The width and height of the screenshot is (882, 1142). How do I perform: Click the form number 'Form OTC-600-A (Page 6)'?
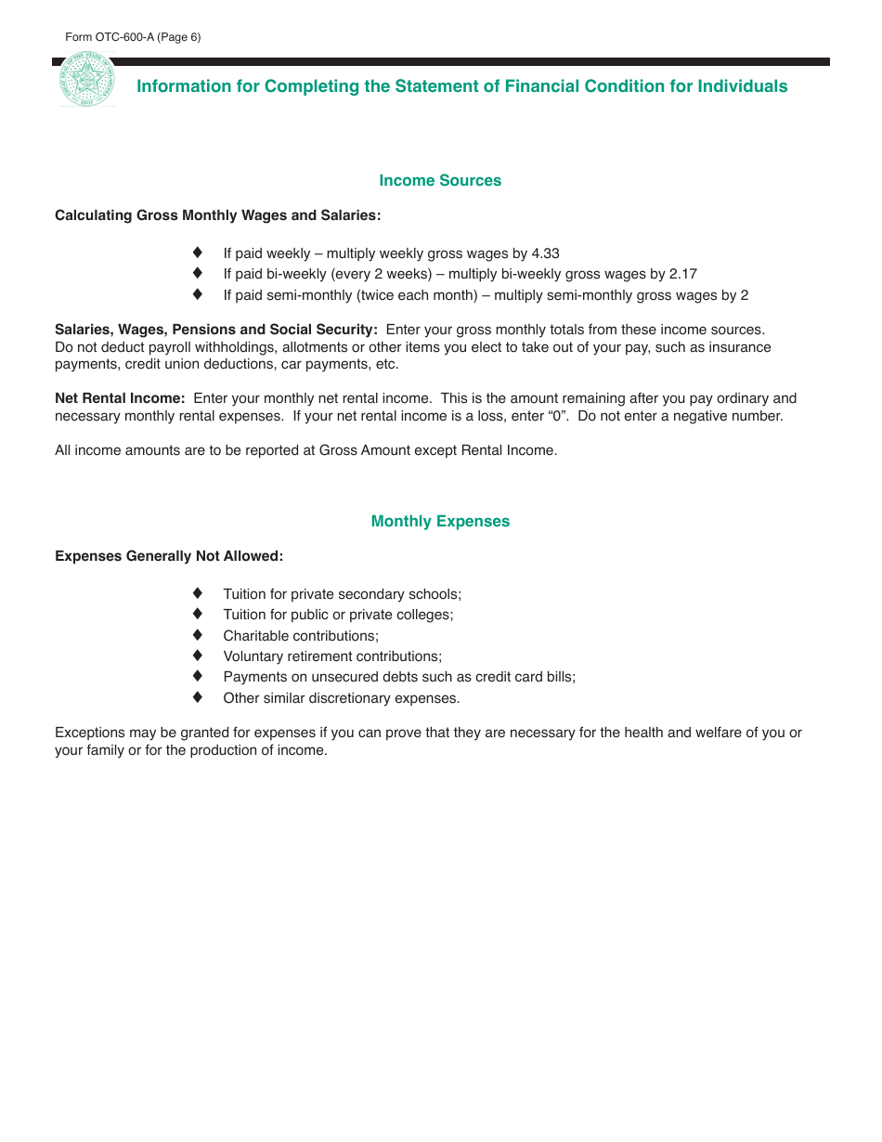click(x=133, y=37)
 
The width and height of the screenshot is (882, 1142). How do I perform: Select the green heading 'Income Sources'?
click(x=440, y=181)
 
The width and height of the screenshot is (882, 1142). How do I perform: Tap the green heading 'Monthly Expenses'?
click(x=440, y=522)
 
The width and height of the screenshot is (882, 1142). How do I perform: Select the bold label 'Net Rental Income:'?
click(x=120, y=398)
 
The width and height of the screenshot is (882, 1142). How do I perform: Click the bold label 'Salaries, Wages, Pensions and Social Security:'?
click(x=216, y=330)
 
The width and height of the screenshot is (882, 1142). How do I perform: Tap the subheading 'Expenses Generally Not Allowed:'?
click(x=169, y=556)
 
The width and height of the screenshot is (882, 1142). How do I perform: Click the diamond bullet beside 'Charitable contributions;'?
click(x=198, y=635)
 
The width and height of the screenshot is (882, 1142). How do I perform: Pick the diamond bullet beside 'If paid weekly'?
click(x=198, y=253)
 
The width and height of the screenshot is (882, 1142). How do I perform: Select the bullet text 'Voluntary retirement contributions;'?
click(x=332, y=656)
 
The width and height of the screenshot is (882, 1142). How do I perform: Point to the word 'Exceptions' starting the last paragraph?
click(x=88, y=733)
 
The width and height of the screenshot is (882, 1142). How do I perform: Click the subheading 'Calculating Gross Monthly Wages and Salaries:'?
click(x=217, y=215)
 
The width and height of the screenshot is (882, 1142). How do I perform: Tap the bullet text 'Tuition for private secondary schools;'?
click(x=342, y=594)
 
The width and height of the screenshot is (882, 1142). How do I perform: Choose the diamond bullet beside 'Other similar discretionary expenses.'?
click(x=198, y=697)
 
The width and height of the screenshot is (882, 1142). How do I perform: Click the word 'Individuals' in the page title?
click(x=742, y=86)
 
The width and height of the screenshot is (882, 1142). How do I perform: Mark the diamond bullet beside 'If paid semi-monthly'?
click(x=198, y=294)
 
